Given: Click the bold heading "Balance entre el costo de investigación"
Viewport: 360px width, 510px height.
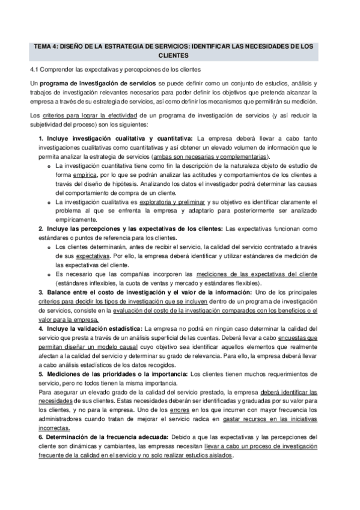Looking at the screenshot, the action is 114,292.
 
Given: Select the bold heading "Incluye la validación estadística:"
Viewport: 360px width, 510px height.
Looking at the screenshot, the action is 93,328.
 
